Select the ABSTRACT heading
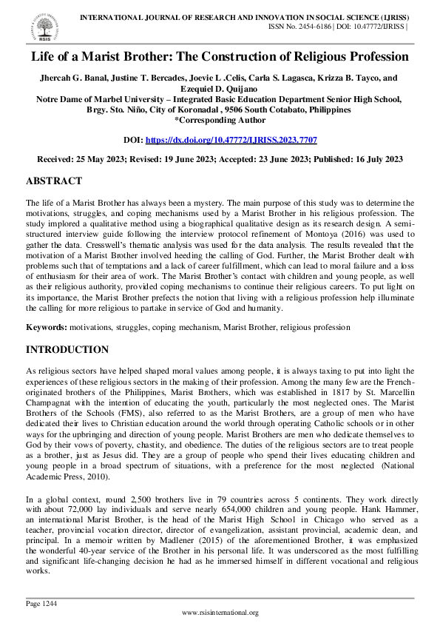tap(53, 181)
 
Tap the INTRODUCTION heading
tap(67, 349)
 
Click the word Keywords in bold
tap(47, 326)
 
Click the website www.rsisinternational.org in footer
tap(220, 612)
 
